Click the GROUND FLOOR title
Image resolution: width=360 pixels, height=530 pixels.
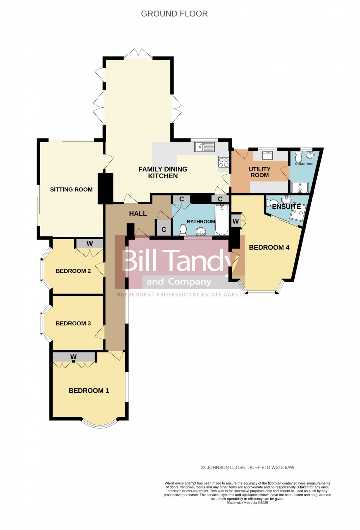[174, 14]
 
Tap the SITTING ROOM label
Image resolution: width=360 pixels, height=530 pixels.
[71, 189]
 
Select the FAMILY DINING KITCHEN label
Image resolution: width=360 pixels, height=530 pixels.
[163, 173]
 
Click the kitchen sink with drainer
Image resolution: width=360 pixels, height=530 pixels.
[204, 147]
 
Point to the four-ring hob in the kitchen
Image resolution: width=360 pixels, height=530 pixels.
[224, 162]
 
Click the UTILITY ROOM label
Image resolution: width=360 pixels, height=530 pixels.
[260, 172]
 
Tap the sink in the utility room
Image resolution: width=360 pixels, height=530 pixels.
[268, 156]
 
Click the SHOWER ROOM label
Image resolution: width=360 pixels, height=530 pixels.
[304, 164]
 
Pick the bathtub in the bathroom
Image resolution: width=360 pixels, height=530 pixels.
[222, 220]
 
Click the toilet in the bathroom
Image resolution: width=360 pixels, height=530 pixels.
[183, 230]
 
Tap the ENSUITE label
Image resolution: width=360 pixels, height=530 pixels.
[286, 206]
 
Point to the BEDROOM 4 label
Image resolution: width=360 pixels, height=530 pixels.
[269, 247]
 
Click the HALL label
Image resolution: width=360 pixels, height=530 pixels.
[138, 213]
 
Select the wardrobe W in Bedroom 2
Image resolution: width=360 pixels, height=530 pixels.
[90, 243]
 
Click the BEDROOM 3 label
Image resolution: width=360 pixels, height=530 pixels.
[73, 324]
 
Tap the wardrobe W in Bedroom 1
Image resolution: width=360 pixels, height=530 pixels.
[74, 356]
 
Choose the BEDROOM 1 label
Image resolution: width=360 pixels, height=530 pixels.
[89, 391]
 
